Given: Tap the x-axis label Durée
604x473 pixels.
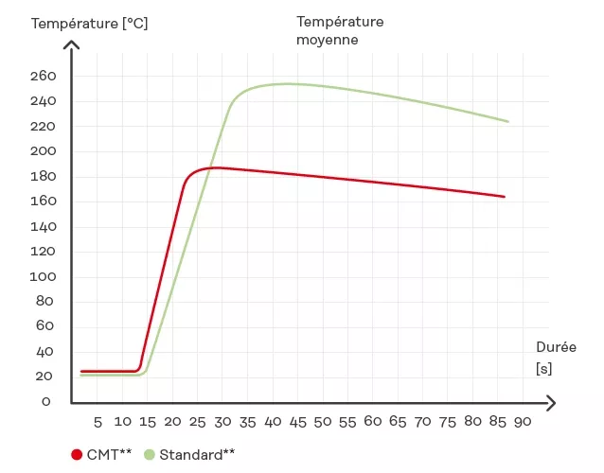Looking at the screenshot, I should pos(556,347).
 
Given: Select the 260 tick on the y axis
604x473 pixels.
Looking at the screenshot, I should pos(44,76).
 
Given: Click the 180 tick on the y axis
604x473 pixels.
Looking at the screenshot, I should pos(44,176).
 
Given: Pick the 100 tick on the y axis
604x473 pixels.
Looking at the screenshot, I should pos(44,276).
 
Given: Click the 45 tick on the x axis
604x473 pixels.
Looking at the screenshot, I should pos(296,420).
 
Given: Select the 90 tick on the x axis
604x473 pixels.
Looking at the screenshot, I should pos(521,420).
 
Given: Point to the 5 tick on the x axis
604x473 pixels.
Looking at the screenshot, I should pos(98,420).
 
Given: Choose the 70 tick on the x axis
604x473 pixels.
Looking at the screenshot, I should pos(421,420).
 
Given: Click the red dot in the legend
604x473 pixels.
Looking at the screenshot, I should pos(77,454).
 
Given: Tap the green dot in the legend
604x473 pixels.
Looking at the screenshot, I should pos(150,454).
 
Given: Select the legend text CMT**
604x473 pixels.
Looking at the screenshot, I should pos(109,454).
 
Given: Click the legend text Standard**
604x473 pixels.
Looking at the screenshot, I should pos(197,454).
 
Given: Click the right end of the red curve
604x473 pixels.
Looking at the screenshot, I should pos(505,197).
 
